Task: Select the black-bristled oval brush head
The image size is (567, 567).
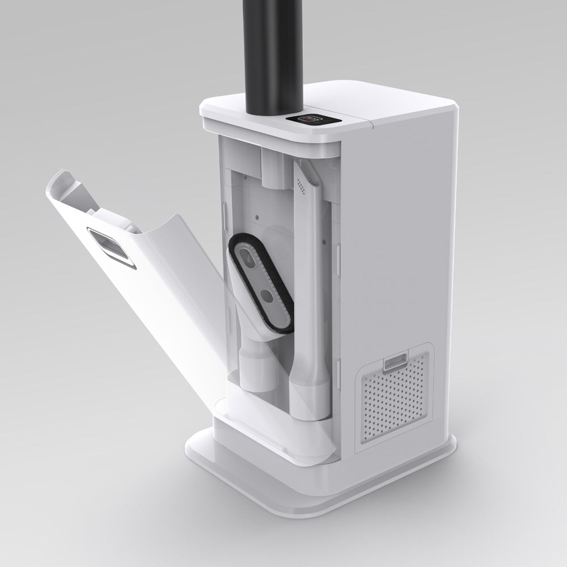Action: [x=261, y=283]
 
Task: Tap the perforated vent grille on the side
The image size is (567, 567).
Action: [x=396, y=397]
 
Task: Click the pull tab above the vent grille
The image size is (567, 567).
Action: [x=395, y=361]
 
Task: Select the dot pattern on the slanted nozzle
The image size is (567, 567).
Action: [x=301, y=183]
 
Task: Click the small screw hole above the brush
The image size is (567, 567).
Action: [x=257, y=215]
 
